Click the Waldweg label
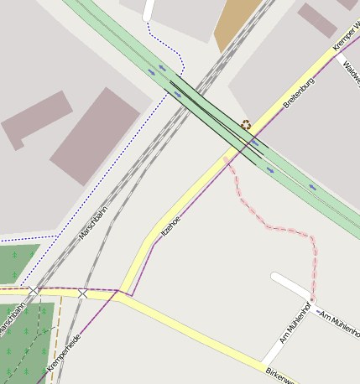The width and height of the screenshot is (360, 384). pos(351,71)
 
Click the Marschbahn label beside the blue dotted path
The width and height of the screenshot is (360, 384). pos(93,226)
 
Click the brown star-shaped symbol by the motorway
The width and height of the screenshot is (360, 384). pos(245,125)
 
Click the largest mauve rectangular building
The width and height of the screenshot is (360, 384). pos(95,136)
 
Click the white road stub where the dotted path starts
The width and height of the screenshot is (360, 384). pos(149,9)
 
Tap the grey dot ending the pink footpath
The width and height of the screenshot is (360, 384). pos(311,299)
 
